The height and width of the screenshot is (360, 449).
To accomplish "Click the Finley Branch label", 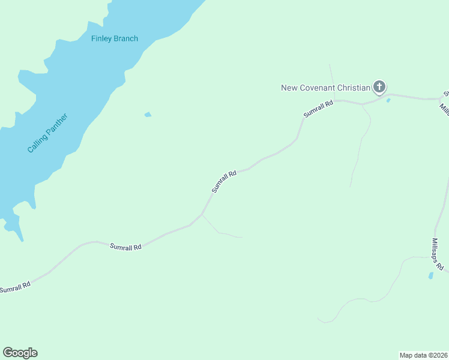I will [114, 38].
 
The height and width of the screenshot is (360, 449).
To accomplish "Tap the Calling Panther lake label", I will [47, 133].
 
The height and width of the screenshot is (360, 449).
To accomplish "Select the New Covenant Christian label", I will [325, 88].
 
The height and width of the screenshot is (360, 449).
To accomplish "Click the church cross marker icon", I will [379, 87].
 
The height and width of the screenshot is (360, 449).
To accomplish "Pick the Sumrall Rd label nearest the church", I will [318, 109].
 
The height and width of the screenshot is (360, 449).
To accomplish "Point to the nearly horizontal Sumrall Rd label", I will [125, 246].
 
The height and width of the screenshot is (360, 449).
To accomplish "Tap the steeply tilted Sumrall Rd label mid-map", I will [224, 181].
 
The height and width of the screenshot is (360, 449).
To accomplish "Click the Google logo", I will [20, 353].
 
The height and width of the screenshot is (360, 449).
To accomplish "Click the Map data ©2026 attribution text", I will [423, 355].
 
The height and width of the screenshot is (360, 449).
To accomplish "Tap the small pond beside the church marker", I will [388, 100].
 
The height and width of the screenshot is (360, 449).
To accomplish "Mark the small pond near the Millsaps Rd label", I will [430, 275].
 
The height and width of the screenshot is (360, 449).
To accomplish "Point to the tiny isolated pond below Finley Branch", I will [148, 114].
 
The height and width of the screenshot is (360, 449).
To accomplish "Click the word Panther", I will [56, 124].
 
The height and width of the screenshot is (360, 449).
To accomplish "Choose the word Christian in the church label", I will [353, 88].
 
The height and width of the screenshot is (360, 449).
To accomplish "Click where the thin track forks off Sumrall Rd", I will [202, 214].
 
